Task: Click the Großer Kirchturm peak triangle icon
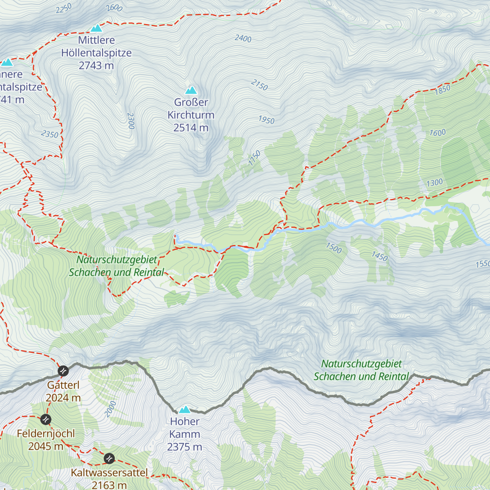click(x=191, y=90)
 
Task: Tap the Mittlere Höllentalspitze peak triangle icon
click(x=96, y=28)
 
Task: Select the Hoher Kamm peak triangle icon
click(x=185, y=409)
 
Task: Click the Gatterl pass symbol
click(x=63, y=371)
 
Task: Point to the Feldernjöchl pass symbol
click(x=46, y=419)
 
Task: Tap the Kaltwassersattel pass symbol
click(x=109, y=458)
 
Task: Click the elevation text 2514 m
click(x=191, y=128)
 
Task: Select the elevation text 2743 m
click(x=96, y=65)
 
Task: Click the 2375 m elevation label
click(x=185, y=447)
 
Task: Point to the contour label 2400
click(x=243, y=38)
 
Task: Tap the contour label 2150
click(x=259, y=85)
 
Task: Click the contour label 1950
click(x=266, y=120)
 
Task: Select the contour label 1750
click(x=254, y=158)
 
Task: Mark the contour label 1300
click(x=434, y=183)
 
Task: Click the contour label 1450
click(x=379, y=256)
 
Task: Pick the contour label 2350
click(x=50, y=134)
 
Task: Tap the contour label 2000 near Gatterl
click(x=110, y=409)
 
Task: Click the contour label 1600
click(x=437, y=133)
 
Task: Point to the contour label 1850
click(x=442, y=89)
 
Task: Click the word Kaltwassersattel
click(x=109, y=473)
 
